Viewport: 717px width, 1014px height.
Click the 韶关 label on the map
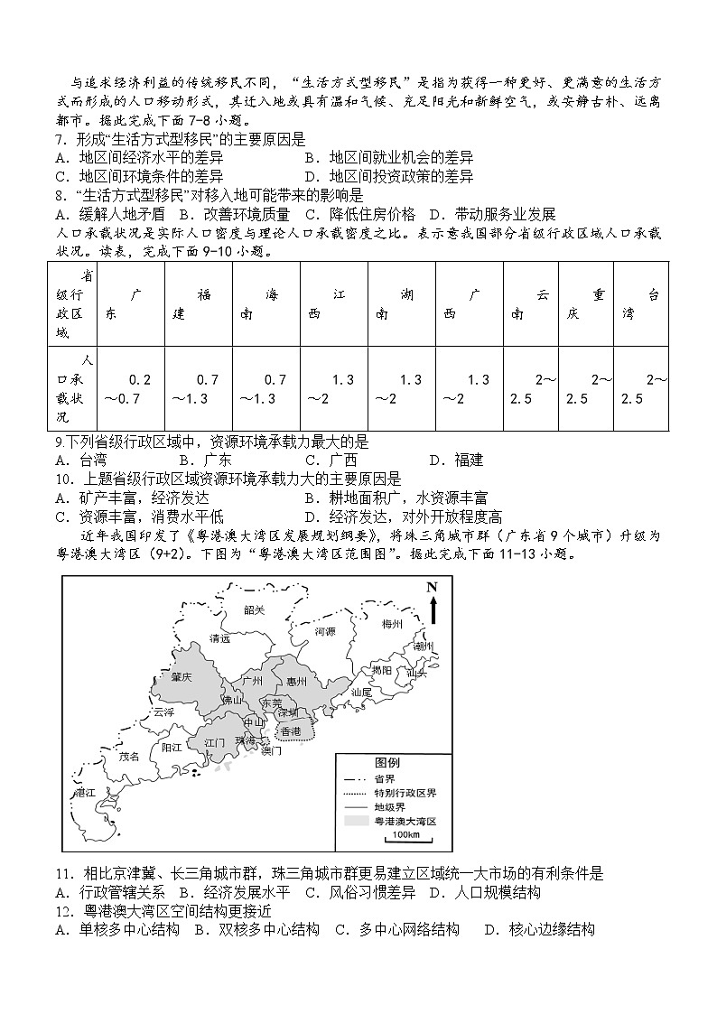tap(255, 610)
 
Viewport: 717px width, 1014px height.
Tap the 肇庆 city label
tap(182, 676)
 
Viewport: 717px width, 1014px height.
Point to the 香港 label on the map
tap(291, 731)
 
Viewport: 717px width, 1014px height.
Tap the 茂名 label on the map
tap(130, 757)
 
